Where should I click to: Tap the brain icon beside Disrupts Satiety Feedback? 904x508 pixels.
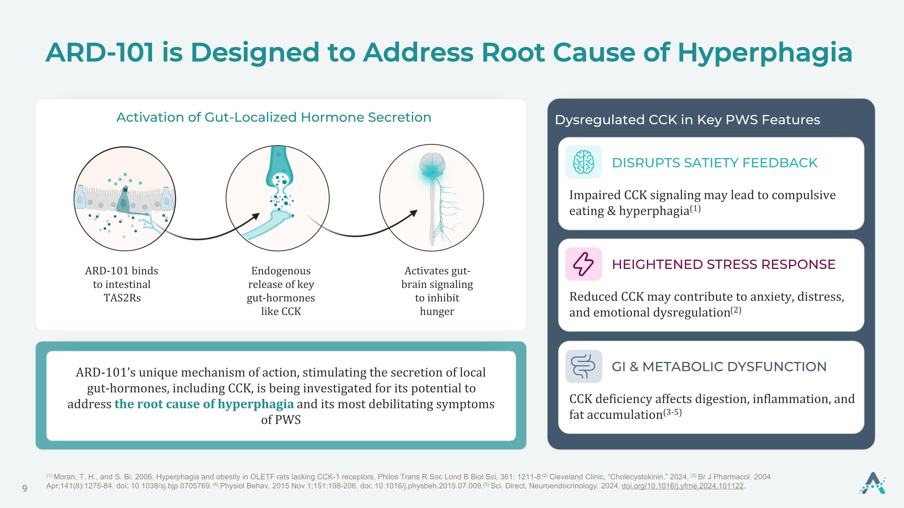(584, 162)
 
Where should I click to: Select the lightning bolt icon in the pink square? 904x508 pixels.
(583, 264)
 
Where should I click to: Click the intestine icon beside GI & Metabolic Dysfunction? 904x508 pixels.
(583, 366)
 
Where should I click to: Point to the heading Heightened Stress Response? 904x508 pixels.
(724, 264)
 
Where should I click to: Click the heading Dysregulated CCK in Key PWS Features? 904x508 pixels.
(687, 120)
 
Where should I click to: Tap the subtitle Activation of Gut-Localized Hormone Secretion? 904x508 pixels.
(274, 117)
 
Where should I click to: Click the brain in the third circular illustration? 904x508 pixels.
(432, 164)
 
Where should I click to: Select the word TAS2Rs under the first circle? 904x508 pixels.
(122, 298)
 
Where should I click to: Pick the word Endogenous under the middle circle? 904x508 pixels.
(281, 271)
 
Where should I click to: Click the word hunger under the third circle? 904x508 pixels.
(437, 312)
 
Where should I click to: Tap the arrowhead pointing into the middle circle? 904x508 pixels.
(256, 216)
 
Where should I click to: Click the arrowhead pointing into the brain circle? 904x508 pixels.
(413, 213)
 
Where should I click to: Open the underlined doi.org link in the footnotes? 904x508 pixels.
(683, 486)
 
